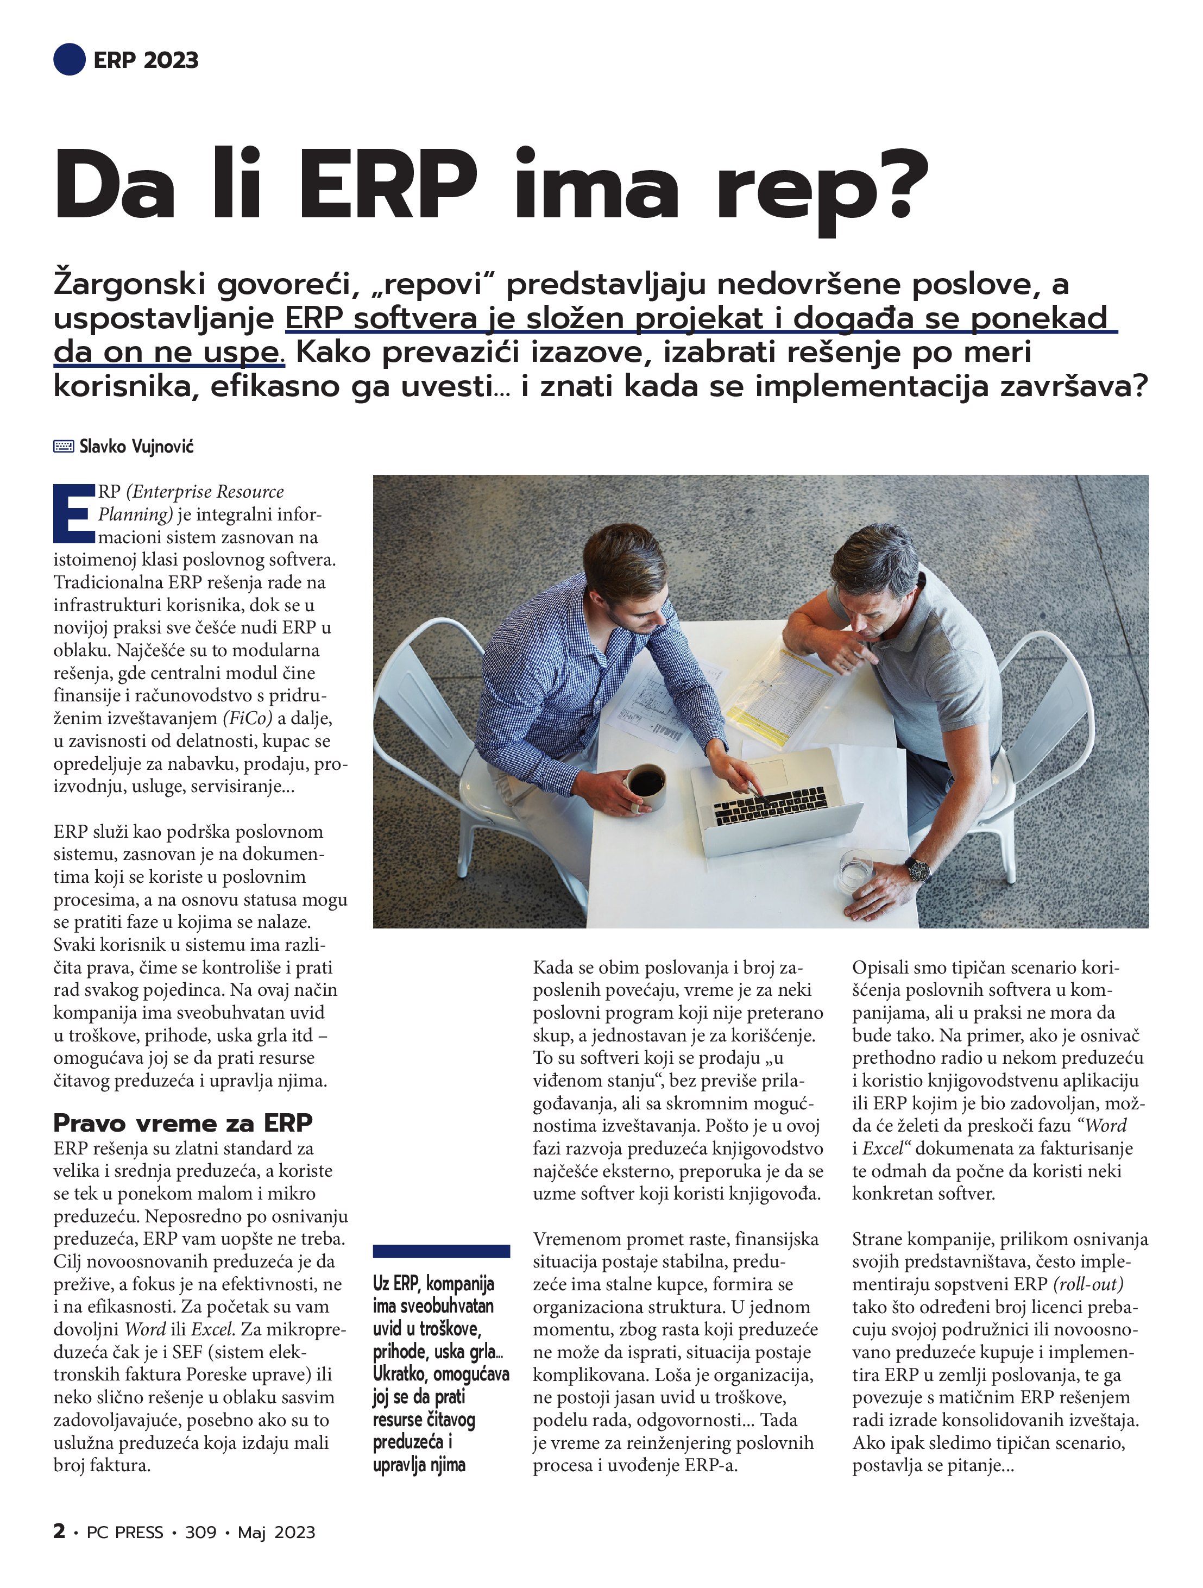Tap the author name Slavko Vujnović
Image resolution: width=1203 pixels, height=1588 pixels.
[136, 447]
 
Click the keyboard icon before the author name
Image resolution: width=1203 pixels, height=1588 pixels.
[63, 447]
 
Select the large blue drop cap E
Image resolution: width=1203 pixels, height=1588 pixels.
[73, 513]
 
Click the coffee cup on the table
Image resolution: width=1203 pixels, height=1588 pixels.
[646, 784]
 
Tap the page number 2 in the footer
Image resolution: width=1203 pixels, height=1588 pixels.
[59, 1531]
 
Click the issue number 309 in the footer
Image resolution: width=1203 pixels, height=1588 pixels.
[200, 1533]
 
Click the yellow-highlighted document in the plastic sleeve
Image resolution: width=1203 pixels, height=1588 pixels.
[779, 686]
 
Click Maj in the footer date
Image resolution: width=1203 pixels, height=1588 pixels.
[252, 1533]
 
